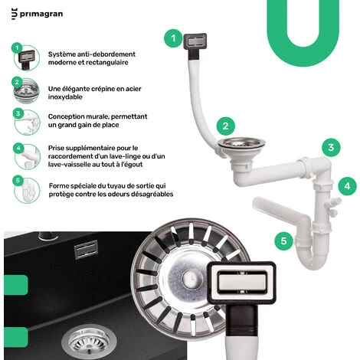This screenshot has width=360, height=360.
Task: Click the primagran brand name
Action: point(41,14)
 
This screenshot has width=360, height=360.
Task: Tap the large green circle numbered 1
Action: point(173,38)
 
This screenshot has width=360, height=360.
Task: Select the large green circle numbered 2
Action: point(226,126)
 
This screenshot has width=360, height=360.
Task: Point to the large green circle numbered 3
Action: point(331,148)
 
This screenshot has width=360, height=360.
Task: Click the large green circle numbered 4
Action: point(348,186)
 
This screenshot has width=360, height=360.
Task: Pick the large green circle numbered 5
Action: point(283,241)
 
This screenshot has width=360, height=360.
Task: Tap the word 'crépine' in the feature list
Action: point(102,89)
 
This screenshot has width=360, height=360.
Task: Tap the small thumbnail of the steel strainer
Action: point(26,91)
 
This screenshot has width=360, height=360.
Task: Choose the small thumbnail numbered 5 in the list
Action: point(27,191)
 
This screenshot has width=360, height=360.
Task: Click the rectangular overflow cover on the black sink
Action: point(87,250)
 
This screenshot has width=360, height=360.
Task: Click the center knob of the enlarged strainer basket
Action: point(189,277)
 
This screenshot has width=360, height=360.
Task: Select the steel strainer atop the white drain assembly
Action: point(242,143)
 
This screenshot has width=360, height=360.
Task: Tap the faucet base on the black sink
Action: point(48,236)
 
